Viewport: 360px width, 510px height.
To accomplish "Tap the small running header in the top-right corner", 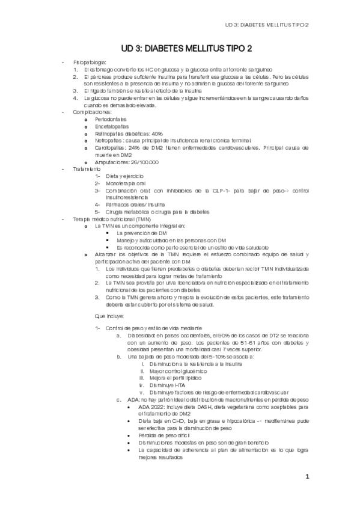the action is (266, 25).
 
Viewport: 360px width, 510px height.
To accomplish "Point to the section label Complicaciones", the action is (92, 112).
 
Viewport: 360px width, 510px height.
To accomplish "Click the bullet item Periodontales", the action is (111, 120).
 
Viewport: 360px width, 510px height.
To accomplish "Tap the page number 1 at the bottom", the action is (307, 478).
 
